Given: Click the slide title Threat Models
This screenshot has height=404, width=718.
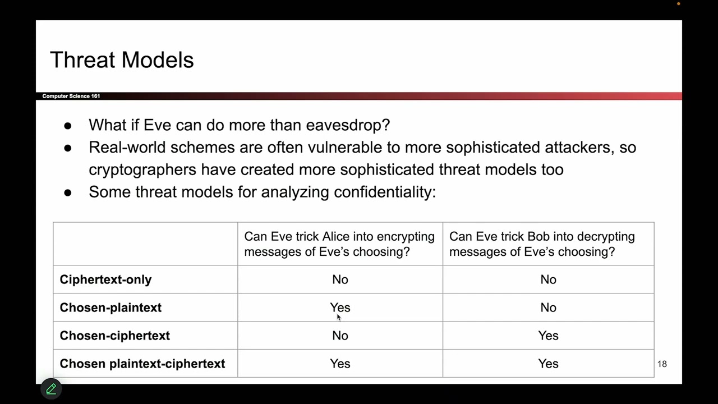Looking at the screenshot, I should (x=122, y=60).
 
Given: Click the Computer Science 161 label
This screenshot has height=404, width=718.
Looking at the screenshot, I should (x=71, y=96).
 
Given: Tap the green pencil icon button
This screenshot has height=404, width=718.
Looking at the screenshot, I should (x=51, y=389).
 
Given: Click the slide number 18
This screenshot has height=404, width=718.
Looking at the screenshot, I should (x=662, y=364).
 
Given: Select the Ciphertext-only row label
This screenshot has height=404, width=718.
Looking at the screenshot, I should (x=105, y=279).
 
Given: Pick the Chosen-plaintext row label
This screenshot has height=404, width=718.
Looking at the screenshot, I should (x=111, y=307).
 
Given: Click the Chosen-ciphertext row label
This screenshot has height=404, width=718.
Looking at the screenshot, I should (x=114, y=336).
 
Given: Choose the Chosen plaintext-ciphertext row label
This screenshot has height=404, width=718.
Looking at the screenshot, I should (x=142, y=364).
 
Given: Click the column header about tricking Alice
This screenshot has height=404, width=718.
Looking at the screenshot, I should (x=339, y=244).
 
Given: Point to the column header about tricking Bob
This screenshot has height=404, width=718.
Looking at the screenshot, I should (x=542, y=244).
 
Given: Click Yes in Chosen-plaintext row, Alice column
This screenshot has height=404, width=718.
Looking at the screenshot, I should (x=340, y=307).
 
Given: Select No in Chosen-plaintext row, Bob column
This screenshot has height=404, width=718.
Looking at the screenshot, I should (x=548, y=307).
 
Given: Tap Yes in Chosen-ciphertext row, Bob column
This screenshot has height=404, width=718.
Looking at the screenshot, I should (x=548, y=336).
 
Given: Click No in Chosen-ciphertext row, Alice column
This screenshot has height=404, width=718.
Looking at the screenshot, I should (x=340, y=336).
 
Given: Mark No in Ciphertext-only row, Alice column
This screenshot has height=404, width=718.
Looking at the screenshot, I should (x=340, y=279).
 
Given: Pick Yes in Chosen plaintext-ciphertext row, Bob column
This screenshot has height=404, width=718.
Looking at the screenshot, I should (x=548, y=364).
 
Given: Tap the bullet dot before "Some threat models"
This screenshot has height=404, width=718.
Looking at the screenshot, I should (x=68, y=192).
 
